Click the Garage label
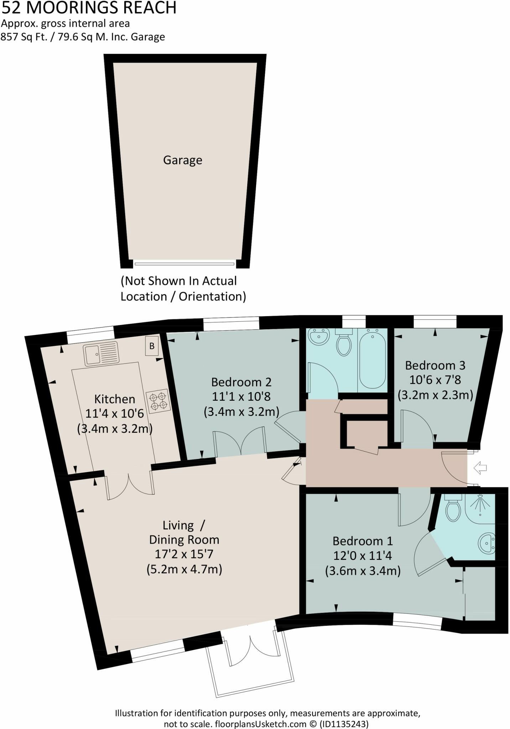coord(182,160)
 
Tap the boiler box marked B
coord(152,346)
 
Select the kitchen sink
coord(101,353)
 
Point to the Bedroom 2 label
coord(241,382)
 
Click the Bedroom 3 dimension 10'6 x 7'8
coord(435,380)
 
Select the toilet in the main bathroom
coord(344,343)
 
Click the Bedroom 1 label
coord(363,541)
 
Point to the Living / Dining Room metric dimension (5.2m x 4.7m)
coord(184,570)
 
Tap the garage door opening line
coord(184,264)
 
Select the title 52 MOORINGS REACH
coord(89,8)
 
